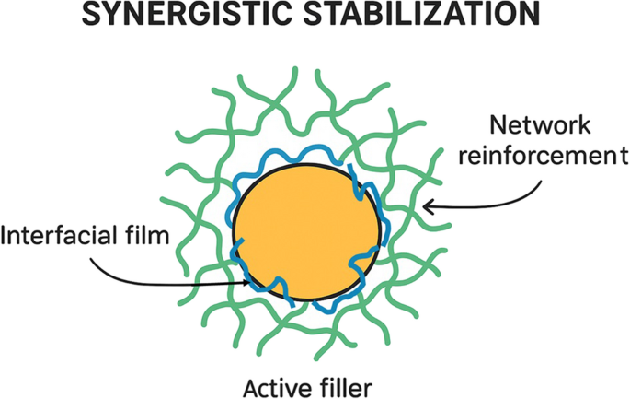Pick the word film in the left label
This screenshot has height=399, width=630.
click(x=151, y=238)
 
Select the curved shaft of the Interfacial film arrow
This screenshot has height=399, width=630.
click(x=138, y=274)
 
